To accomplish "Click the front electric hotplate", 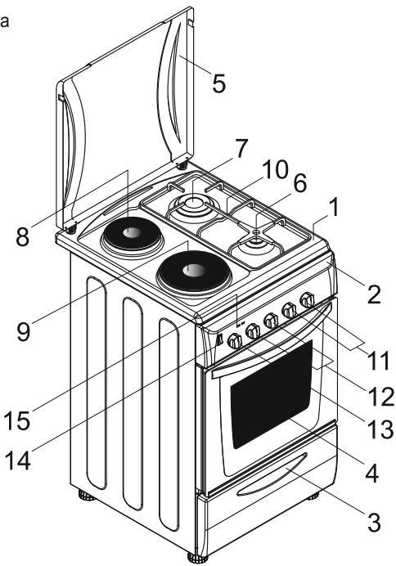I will click(x=190, y=269).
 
